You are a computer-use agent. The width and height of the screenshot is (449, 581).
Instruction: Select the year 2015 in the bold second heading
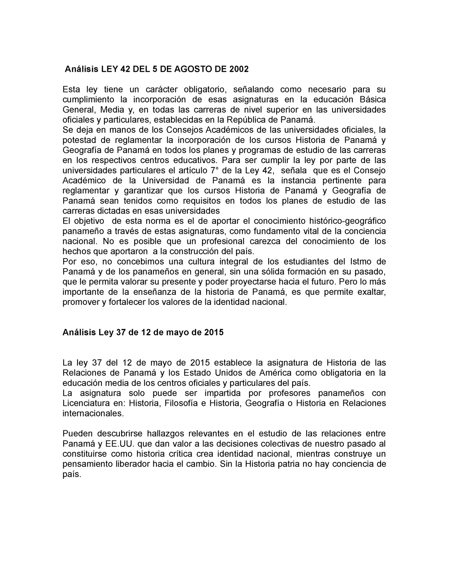[x=214, y=332]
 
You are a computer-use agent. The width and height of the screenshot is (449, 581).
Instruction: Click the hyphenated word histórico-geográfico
[x=343, y=221]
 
